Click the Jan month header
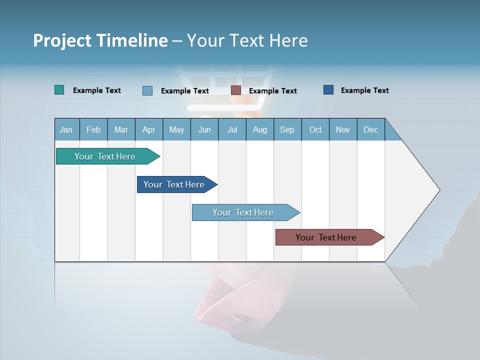click(x=66, y=129)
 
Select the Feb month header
click(x=93, y=129)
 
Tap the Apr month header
click(x=148, y=129)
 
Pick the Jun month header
click(x=204, y=129)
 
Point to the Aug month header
click(x=259, y=129)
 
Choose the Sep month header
click(x=287, y=129)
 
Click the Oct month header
click(x=315, y=129)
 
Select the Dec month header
click(x=370, y=129)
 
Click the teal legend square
click(x=59, y=90)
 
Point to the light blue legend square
click(x=147, y=90)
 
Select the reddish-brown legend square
click(x=236, y=90)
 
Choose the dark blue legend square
click(x=328, y=90)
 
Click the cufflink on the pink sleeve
click(x=240, y=317)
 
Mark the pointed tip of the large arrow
click(x=439, y=190)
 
